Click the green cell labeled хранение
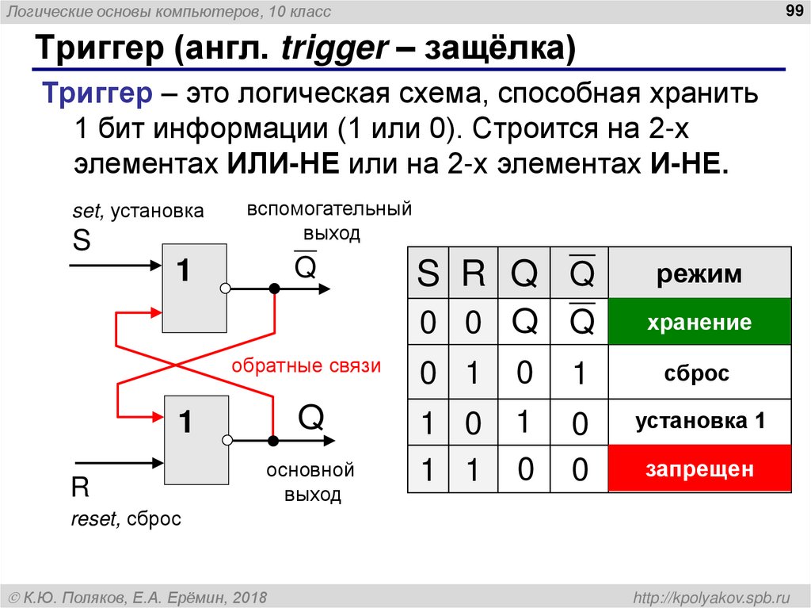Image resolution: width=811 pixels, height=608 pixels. (699, 323)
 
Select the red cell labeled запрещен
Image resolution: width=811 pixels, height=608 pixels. (699, 469)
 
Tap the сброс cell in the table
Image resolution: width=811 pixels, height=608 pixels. (699, 373)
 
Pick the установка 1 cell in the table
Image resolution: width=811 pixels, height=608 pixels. (699, 422)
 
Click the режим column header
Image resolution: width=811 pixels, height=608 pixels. (699, 274)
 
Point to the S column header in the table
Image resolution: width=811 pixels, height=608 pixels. (428, 274)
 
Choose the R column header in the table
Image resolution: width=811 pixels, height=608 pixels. (473, 274)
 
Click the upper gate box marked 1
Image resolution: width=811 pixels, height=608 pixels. (194, 288)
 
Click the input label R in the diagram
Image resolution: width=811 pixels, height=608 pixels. (80, 487)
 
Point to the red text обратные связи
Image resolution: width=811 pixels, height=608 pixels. (306, 366)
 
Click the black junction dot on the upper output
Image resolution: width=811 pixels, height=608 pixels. (274, 289)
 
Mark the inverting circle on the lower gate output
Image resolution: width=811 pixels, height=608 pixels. (227, 440)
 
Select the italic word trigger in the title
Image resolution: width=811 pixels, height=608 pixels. (332, 50)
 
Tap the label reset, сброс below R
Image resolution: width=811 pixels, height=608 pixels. (126, 519)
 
